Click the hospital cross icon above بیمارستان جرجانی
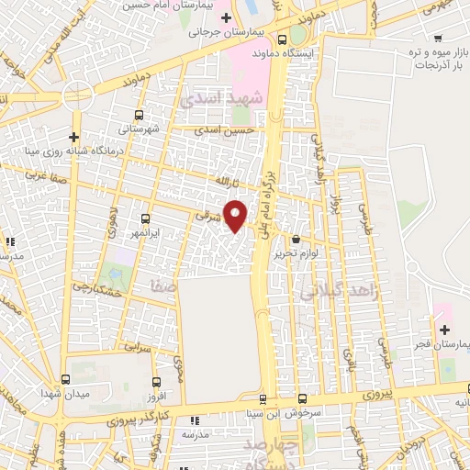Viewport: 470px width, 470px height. (226, 17)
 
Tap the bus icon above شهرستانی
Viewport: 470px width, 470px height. (139, 115)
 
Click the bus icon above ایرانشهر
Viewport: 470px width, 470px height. (146, 218)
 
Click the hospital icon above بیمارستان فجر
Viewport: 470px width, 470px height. (444, 329)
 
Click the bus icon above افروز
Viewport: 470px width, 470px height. (156, 383)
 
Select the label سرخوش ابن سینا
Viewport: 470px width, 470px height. (293, 413)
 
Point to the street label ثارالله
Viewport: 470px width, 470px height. (226, 182)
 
